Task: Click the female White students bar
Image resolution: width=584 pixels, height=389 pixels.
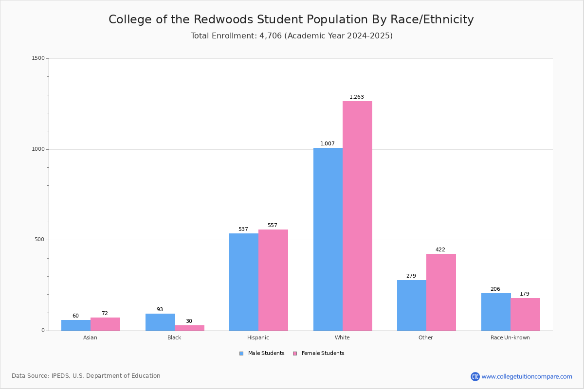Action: point(357,216)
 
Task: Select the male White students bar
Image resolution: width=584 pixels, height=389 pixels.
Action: point(328,239)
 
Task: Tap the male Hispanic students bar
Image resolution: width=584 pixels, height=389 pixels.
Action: point(244,282)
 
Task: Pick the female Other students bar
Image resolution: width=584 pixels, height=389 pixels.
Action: point(441,292)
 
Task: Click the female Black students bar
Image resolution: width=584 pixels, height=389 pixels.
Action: point(189,328)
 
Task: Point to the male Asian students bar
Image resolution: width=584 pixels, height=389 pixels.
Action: point(76,325)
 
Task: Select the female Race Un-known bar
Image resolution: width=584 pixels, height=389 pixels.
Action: point(525,315)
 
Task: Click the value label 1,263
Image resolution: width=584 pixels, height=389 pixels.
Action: point(356,97)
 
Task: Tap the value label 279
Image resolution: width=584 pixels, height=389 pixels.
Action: point(411,276)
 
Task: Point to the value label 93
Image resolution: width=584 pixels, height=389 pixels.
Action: point(160,309)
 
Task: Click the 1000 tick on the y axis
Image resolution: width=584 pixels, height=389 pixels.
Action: point(38,149)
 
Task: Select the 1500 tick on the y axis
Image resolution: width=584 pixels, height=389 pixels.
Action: point(38,58)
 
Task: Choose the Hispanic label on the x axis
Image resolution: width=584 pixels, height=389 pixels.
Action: point(258,337)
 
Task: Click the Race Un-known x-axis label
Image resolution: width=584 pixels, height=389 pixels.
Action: point(510,337)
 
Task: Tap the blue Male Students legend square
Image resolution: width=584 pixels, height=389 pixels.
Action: point(241,354)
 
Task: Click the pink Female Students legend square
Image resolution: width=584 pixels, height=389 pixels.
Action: point(295,354)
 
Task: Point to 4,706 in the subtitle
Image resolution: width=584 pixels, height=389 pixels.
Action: point(271,35)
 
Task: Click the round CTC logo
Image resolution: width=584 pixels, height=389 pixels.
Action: point(475,376)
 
